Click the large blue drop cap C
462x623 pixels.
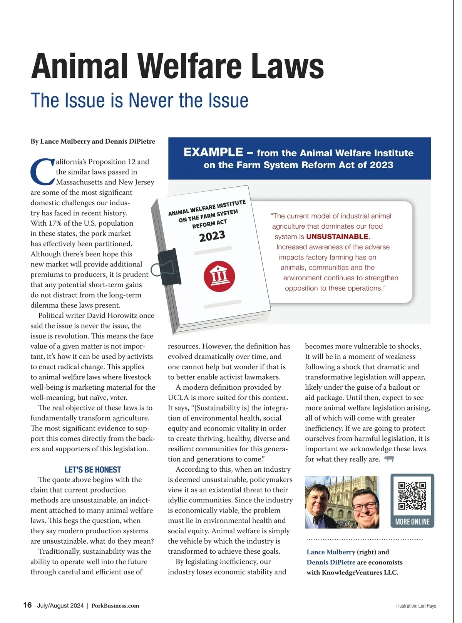(x=42, y=171)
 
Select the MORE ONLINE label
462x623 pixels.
(x=412, y=522)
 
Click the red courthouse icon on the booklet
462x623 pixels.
(x=219, y=276)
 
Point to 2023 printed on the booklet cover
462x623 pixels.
(x=212, y=236)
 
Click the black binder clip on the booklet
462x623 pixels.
(x=169, y=267)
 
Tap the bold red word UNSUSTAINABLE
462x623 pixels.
(x=337, y=236)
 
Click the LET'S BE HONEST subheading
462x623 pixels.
(x=93, y=470)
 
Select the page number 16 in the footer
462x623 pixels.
(x=27, y=605)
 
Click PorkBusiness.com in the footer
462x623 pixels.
(x=115, y=606)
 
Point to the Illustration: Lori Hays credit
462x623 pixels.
(x=416, y=606)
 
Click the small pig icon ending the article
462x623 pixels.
(x=389, y=459)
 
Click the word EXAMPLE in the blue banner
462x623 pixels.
(x=213, y=152)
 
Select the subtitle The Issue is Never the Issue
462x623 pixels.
(x=139, y=100)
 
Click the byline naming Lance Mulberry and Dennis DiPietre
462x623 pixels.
(x=93, y=141)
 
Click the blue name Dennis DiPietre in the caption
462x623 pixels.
(x=331, y=562)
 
